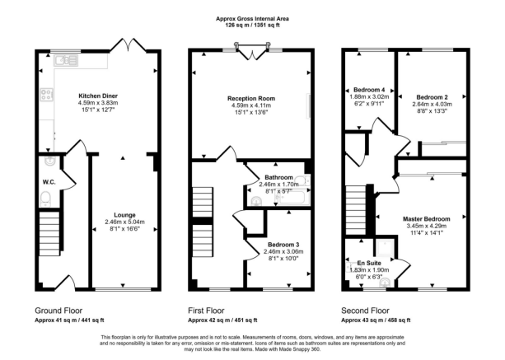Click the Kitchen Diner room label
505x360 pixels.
pos(98,96)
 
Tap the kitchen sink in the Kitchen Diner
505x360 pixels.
pos(66,60)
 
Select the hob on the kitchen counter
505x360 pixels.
pos(46,95)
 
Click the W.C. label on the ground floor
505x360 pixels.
pos(49,182)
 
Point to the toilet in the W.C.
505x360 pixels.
pos(46,199)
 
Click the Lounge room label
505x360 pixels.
pos(124,215)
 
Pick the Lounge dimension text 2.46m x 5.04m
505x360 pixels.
pos(124,222)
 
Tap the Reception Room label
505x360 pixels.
pos(251,98)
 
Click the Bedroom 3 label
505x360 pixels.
pos(283,245)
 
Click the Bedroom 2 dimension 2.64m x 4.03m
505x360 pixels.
pos(433,105)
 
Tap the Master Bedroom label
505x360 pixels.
pos(427,219)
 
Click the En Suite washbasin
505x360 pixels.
pos(385,283)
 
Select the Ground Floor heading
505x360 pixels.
pos(58,311)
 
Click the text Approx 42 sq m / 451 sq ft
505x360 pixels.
pos(222,320)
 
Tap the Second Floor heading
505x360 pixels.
pos(365,311)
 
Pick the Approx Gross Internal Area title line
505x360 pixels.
pos(252,19)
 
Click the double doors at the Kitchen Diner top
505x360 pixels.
pos(129,45)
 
